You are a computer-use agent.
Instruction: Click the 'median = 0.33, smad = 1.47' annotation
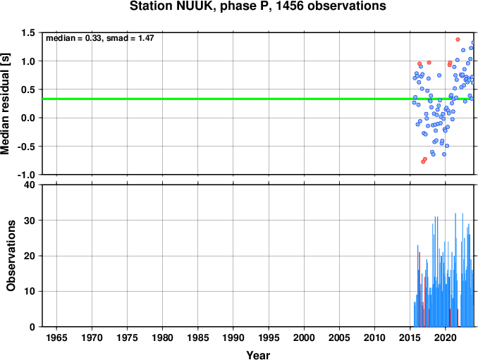coord(100,38)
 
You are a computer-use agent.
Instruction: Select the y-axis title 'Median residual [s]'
coord(5,104)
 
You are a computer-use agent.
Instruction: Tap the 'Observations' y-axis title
coord(11,256)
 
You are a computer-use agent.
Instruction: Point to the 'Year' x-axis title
coord(258,355)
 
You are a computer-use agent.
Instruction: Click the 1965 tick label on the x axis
coord(56,337)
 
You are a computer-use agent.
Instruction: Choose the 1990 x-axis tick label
coord(233,337)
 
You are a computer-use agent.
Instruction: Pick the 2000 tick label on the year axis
coord(304,337)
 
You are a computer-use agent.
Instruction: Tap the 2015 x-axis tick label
coord(410,337)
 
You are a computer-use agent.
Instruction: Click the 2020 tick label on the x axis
coord(446,337)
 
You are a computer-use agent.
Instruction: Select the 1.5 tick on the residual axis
coord(28,32)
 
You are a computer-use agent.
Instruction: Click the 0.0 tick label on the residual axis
coord(28,118)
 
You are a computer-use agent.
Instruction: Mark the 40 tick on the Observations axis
coord(30,185)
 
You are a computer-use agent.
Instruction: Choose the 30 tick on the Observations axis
coord(30,221)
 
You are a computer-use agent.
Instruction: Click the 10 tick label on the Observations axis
coord(30,292)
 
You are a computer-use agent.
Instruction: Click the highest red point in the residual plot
coord(458,39)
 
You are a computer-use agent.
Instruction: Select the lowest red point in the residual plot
coord(423,162)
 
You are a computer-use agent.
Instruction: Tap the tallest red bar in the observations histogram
coord(419,290)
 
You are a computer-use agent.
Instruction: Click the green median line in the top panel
coord(258,99)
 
